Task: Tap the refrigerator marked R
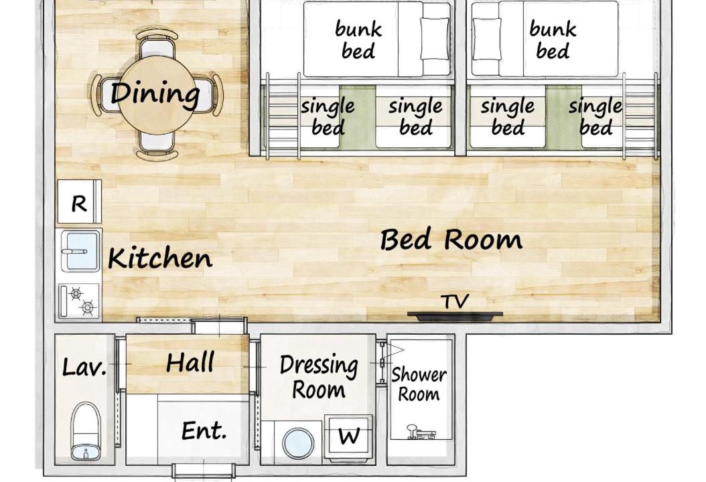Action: [x=79, y=202]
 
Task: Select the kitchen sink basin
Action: [x=80, y=251]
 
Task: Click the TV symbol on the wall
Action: [x=455, y=315]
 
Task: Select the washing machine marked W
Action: [x=350, y=437]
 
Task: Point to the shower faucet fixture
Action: [x=421, y=432]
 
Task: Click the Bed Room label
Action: [x=451, y=239]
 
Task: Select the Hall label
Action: [x=190, y=363]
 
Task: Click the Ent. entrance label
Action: [x=204, y=430]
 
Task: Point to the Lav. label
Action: [x=84, y=368]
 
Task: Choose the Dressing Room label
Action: [x=319, y=377]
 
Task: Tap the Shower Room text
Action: [x=419, y=385]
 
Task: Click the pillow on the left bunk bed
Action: [x=435, y=39]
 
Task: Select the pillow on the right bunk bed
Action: [x=487, y=39]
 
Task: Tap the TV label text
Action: [x=455, y=301]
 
